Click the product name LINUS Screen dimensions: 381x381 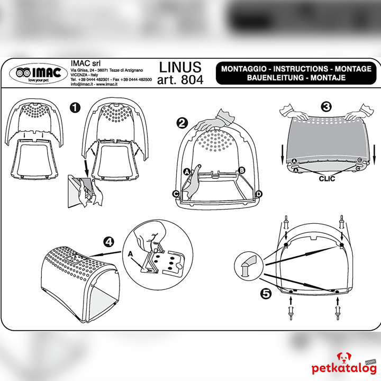click(x=180, y=67)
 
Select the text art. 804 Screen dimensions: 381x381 click(x=180, y=80)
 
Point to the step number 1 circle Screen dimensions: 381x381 click(x=75, y=107)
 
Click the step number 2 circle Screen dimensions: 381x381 click(x=182, y=123)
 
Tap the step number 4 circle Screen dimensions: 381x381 click(x=108, y=242)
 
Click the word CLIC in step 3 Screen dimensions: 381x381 click(x=327, y=179)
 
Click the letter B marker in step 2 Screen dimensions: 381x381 click(x=242, y=170)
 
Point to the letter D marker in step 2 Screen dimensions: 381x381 click(x=259, y=194)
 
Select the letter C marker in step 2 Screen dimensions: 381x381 click(x=175, y=194)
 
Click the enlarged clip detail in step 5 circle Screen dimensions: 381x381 click(x=248, y=263)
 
